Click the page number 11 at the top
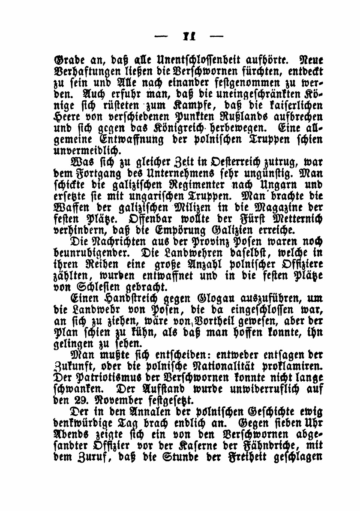(x=188, y=37)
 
